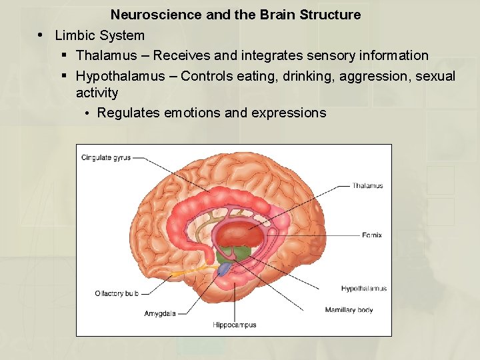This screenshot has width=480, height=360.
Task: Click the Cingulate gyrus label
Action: coord(105,158)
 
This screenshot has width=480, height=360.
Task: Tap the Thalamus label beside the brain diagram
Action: coord(367,186)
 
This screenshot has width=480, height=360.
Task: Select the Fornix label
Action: coord(372,235)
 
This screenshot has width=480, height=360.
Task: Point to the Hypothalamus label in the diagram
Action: coord(363,289)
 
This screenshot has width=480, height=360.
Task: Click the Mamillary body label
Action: coord(349,310)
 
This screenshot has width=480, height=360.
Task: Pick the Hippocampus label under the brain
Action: coord(234,325)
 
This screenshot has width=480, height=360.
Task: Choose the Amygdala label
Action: coord(160,313)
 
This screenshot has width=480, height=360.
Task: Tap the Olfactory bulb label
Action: coord(117,293)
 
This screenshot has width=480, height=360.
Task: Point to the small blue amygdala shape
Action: coord(225,269)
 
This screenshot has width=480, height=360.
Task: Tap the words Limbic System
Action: coord(99,35)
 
